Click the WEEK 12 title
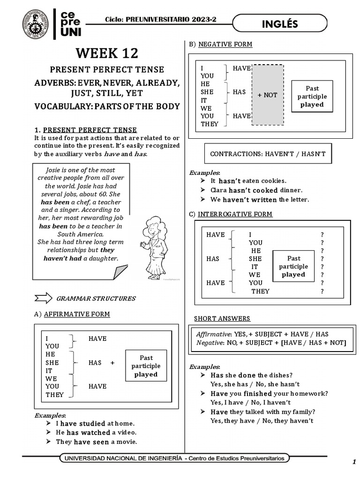[107, 52]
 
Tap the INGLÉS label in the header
[280, 24]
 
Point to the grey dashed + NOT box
[267, 95]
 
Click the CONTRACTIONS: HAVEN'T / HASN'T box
[268, 154]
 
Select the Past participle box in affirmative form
[146, 366]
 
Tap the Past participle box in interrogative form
[293, 266]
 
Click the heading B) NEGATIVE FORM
[220, 45]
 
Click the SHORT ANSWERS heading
[222, 319]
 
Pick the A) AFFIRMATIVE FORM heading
[72, 314]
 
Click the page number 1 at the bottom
[354, 462]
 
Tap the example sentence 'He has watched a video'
[96, 433]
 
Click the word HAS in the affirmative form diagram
[95, 362]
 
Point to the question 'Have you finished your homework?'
[269, 393]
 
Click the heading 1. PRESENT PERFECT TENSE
[86, 130]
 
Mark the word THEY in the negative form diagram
[209, 124]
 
